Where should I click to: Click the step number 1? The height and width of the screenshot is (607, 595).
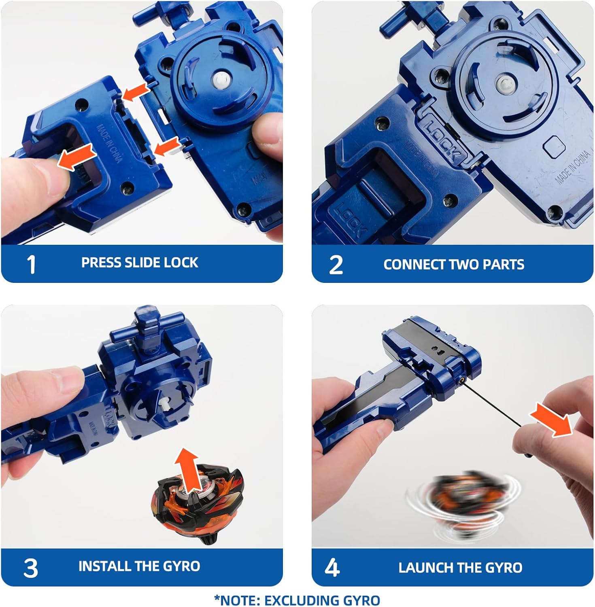point(31,265)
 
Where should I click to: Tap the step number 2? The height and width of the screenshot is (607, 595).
point(336,265)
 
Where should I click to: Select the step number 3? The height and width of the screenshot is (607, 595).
point(31,568)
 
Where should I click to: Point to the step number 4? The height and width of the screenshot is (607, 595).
point(332,568)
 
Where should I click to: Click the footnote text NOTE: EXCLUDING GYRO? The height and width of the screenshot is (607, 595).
point(297,600)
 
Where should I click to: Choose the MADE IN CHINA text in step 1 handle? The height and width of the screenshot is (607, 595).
point(109,143)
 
